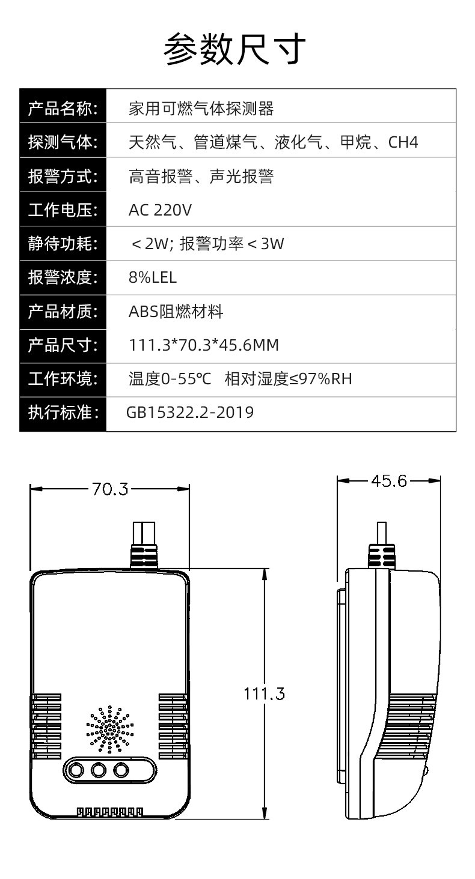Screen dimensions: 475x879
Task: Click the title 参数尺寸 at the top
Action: (x=234, y=49)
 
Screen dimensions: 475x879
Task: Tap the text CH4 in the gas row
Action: (x=403, y=142)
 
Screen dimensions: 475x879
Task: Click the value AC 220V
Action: (x=160, y=210)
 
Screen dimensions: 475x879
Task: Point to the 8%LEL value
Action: (x=153, y=277)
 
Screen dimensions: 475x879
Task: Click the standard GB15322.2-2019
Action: (x=190, y=412)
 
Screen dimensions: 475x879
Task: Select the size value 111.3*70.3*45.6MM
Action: (x=203, y=345)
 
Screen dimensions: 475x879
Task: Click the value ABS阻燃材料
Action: (x=176, y=312)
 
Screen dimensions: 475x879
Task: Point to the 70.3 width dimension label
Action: (x=110, y=489)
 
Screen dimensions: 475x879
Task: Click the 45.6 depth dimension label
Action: (x=389, y=481)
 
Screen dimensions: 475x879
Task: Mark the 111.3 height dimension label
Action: (x=264, y=694)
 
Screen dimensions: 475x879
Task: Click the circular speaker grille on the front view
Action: (x=109, y=729)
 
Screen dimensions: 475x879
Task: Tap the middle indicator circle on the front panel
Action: (x=98, y=770)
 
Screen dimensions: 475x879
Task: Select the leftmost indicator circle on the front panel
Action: (x=76, y=770)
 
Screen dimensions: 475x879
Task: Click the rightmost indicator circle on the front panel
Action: (x=121, y=770)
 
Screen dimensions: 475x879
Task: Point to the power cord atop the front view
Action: (x=144, y=545)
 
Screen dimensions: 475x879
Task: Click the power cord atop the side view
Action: (x=381, y=545)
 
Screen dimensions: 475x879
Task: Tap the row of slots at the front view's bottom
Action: (x=109, y=812)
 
